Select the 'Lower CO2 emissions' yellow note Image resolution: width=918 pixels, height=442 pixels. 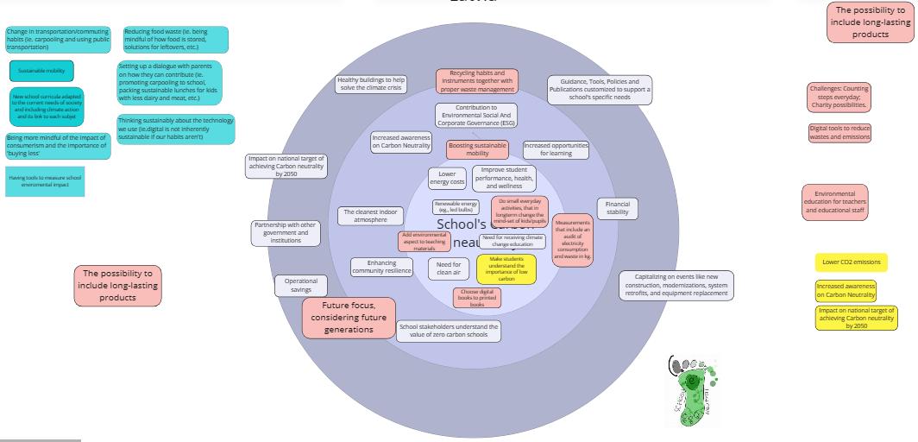[851, 262]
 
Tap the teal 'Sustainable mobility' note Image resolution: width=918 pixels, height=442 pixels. [41, 71]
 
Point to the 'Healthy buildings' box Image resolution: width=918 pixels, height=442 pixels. [371, 84]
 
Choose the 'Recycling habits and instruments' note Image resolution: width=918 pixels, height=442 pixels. [477, 81]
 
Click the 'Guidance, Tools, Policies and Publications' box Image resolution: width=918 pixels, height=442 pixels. [600, 90]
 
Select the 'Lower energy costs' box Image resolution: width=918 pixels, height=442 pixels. [447, 178]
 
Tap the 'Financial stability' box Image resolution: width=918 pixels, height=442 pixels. [618, 208]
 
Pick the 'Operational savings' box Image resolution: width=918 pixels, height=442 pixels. [301, 286]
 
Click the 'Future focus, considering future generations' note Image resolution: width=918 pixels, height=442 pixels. [349, 318]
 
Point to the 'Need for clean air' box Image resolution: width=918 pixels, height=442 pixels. [449, 268]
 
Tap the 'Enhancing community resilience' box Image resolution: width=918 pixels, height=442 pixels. [381, 268]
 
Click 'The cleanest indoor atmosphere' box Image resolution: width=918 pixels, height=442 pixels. [371, 216]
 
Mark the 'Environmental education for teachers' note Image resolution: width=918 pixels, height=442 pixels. [834, 203]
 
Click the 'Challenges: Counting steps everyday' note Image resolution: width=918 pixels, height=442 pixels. [839, 98]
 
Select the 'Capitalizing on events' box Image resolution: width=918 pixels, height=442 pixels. [676, 285]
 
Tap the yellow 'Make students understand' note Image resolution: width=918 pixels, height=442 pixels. [506, 269]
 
